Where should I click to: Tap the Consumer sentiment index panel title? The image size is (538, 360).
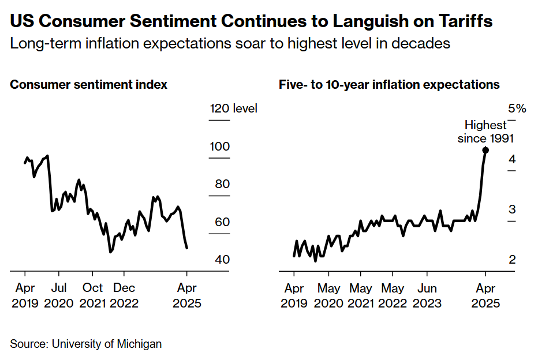(x=89, y=85)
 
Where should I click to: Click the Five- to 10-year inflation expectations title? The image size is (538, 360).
(x=389, y=85)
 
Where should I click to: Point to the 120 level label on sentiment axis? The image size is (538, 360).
(x=233, y=108)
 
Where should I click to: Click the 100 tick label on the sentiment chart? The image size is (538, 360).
(x=219, y=147)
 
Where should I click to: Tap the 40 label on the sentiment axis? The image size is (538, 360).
(x=222, y=260)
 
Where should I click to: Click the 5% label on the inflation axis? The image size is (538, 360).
(x=517, y=108)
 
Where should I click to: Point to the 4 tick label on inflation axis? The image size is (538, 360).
(x=512, y=159)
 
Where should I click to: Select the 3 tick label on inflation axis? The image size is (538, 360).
(x=512, y=209)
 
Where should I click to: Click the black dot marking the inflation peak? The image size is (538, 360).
(x=485, y=150)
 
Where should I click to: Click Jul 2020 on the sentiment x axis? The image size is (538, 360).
(x=58, y=295)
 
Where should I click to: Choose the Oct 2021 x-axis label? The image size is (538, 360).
(x=92, y=295)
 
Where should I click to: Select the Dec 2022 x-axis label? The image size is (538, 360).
(x=124, y=295)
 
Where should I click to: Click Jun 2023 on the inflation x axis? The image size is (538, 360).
(x=427, y=295)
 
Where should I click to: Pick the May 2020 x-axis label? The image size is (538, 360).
(x=330, y=295)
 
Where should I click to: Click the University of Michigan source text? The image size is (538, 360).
(x=107, y=344)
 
